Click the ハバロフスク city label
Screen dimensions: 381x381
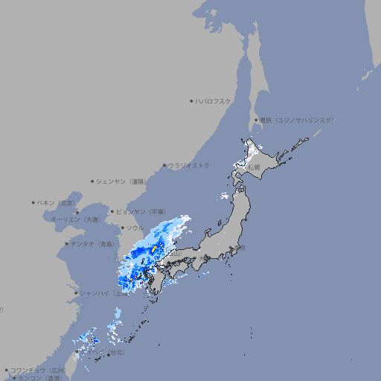point(214,100)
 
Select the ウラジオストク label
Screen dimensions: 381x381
point(189,165)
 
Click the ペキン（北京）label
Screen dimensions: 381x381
point(57,202)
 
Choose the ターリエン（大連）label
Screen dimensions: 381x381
point(75,220)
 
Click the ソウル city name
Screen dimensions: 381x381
point(135,228)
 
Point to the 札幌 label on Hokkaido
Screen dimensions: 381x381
point(254,167)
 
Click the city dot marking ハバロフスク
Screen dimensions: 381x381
point(191,100)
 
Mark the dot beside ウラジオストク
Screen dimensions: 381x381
point(164,166)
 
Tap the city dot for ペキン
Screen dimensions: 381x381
point(33,202)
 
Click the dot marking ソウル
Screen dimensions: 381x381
point(122,228)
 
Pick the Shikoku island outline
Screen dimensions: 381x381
point(175,276)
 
